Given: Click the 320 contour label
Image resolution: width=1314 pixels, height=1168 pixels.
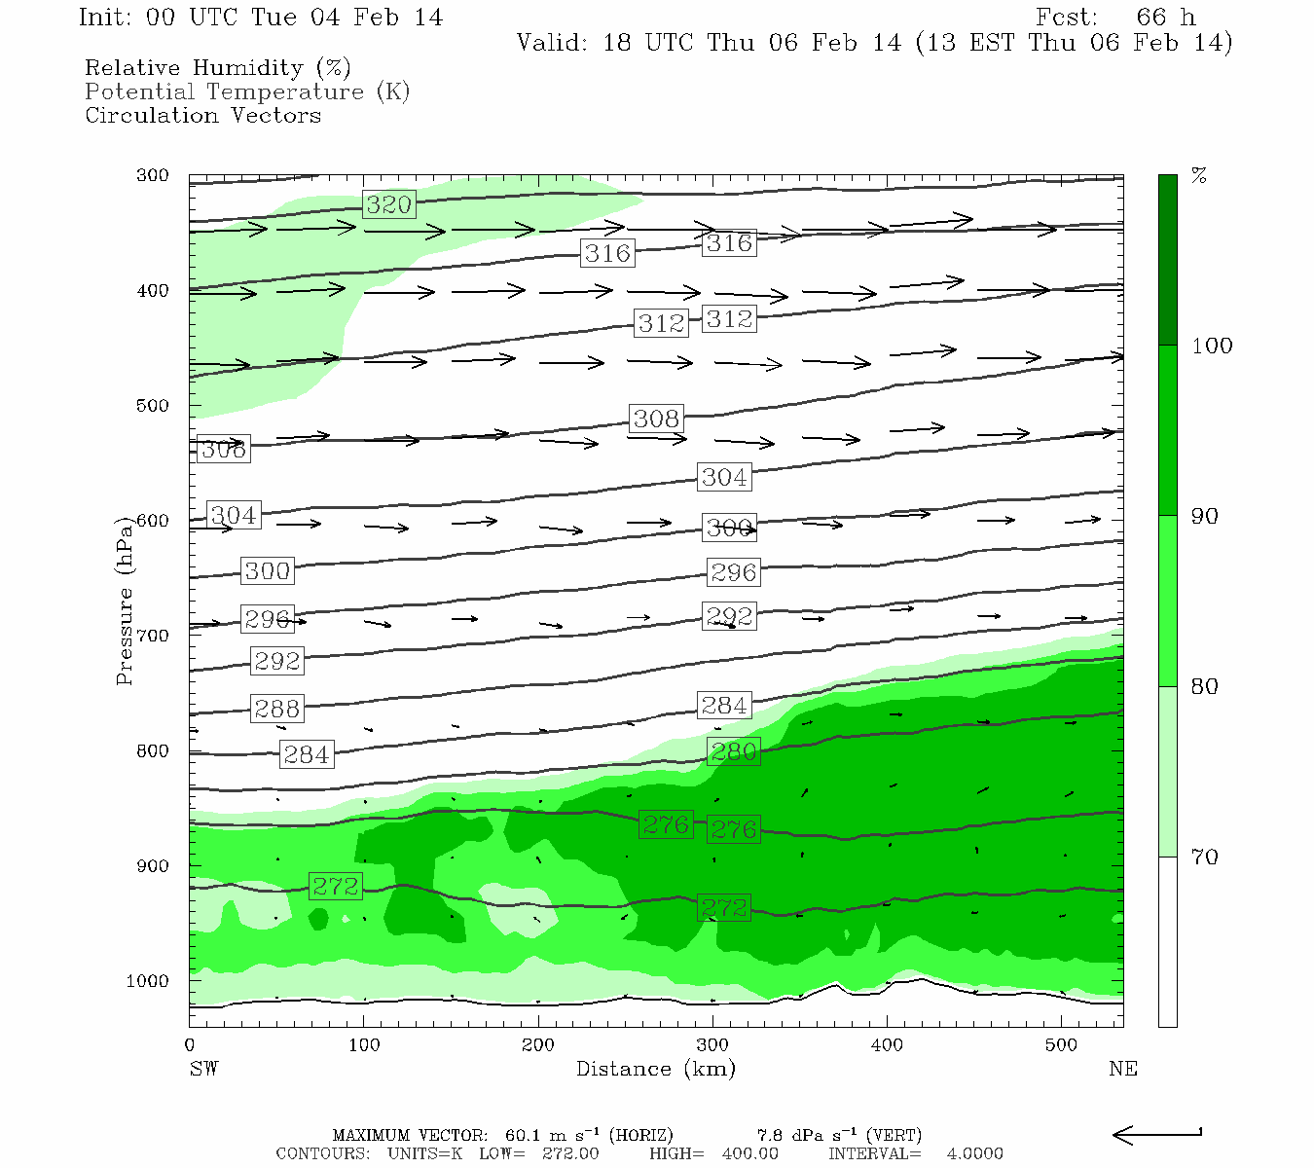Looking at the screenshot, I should pos(389,204).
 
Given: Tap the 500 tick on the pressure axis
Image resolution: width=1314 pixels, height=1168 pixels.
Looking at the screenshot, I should pos(152,406).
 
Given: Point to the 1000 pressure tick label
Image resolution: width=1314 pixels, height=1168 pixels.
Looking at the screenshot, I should pos(148,981).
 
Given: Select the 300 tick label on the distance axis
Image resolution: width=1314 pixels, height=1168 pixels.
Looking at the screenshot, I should pos(712,1045).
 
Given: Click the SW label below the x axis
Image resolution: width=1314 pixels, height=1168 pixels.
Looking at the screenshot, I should pos(203,1069).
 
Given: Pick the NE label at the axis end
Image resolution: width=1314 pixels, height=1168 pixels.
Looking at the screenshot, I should pos(1122,1069).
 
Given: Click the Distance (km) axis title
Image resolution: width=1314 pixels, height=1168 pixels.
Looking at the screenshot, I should pos(655,1069).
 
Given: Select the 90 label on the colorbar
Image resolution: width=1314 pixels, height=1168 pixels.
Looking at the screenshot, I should pos(1205,516).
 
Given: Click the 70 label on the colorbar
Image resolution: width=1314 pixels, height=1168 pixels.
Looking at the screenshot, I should pos(1205,857).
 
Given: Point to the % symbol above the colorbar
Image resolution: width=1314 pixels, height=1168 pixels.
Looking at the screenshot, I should pos(1199,175).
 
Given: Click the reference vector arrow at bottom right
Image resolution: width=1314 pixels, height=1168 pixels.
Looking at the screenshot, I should pos(1156,1134).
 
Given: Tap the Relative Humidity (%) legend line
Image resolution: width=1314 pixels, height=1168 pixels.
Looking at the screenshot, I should pos(217,68).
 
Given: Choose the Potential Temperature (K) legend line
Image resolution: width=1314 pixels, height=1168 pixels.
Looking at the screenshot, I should pos(247,91).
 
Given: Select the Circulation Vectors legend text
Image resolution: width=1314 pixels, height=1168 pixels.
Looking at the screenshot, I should pos(202,115).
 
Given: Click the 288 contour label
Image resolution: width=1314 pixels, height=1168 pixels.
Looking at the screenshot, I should pos(277,708).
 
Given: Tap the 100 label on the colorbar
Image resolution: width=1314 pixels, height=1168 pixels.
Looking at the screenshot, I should pos(1212,346).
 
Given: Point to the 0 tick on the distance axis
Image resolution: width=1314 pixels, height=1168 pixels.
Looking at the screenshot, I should pos(190,1045).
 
